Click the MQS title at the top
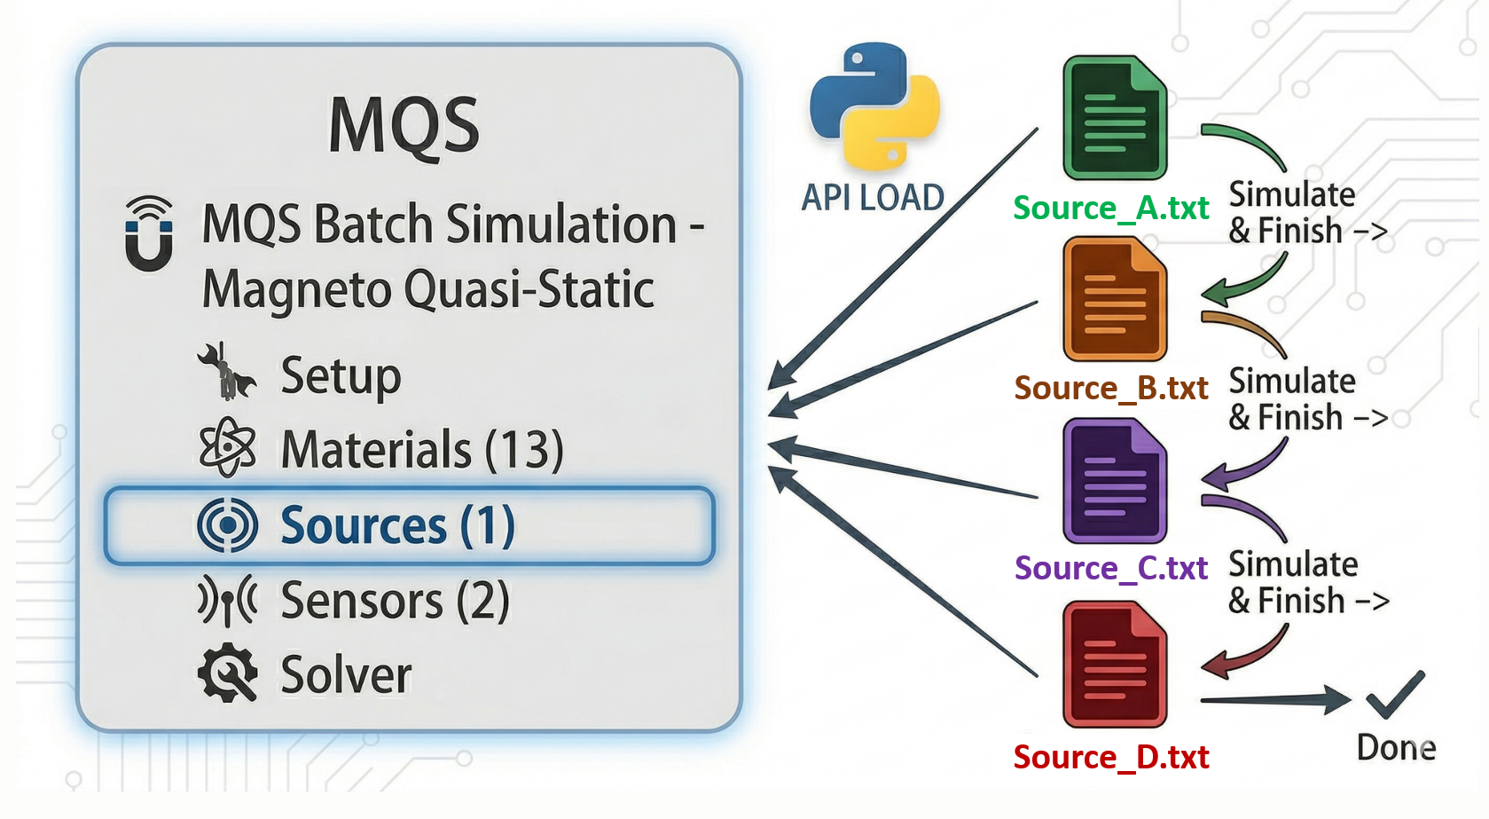click(404, 126)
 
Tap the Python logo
click(874, 105)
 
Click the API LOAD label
click(873, 197)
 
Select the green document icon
click(1115, 118)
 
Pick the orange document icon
click(1115, 299)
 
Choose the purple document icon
click(1115, 481)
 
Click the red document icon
click(1115, 664)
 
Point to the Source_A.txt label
click(1111, 208)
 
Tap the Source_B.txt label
click(1111, 388)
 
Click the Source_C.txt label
click(1111, 568)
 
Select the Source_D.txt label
click(1111, 757)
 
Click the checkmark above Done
click(1395, 694)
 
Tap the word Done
click(1396, 748)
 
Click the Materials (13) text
click(422, 449)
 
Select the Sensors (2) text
click(395, 601)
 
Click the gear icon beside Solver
click(228, 673)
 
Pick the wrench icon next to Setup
click(225, 372)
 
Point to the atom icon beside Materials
click(227, 447)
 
